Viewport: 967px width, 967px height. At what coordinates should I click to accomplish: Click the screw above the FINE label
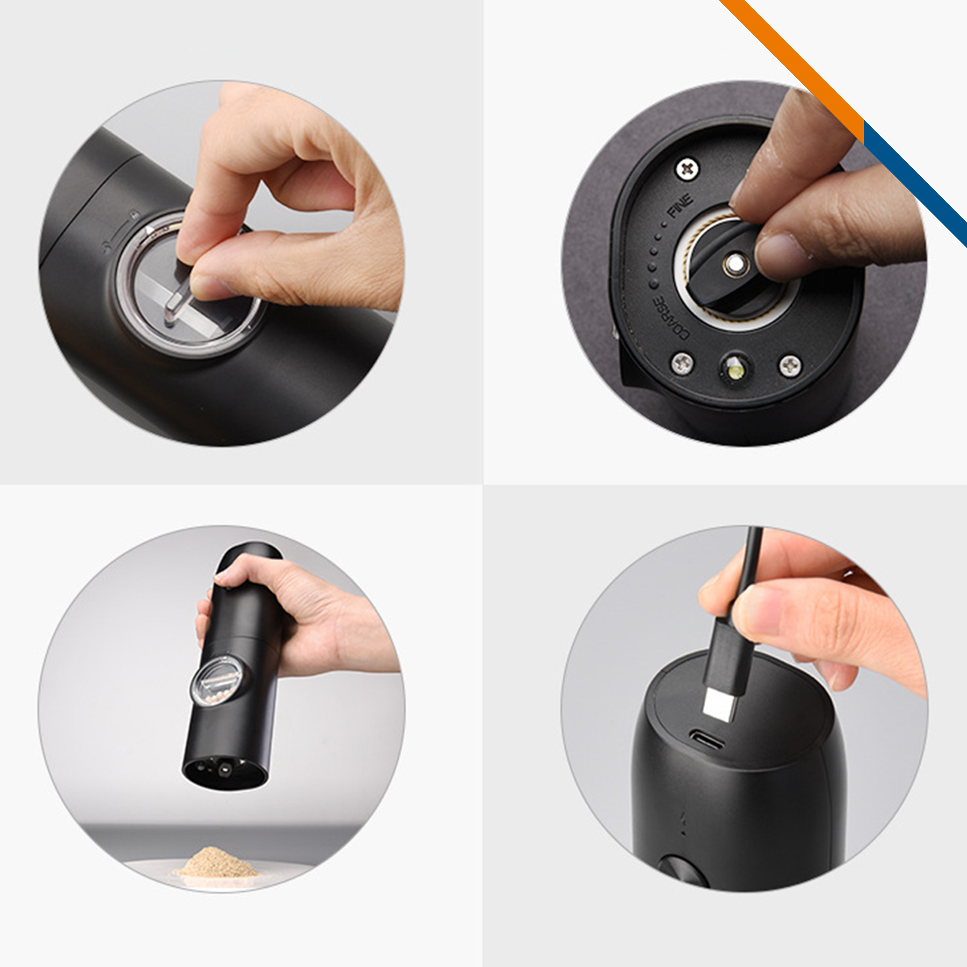click(x=688, y=169)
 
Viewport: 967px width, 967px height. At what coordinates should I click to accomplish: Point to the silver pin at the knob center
click(x=734, y=264)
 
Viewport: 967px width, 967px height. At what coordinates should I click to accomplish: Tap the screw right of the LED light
click(x=790, y=365)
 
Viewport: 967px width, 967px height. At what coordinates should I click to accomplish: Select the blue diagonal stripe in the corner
click(x=913, y=183)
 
